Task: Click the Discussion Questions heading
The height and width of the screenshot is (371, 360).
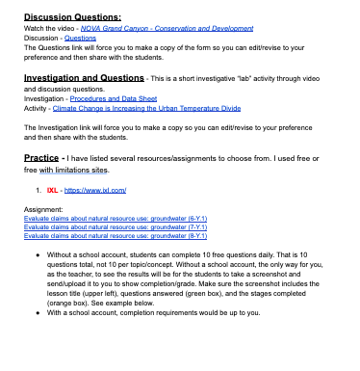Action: [72, 16]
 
